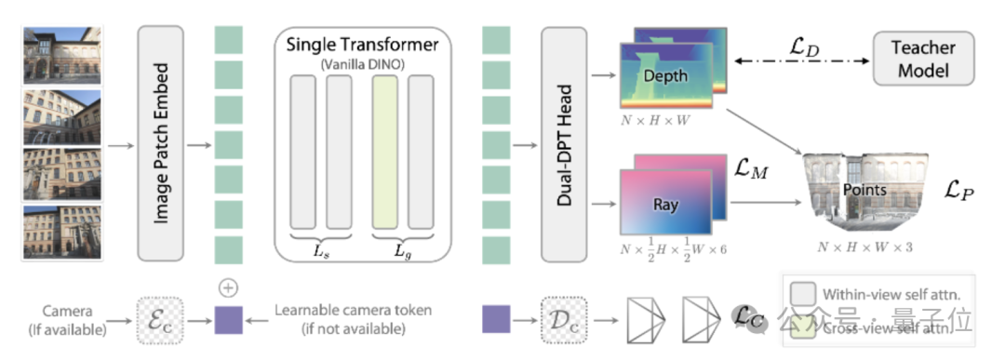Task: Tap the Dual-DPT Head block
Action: (x=564, y=143)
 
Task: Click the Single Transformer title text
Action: (x=363, y=45)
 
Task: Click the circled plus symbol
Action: (x=229, y=286)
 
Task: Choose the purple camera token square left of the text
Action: (x=229, y=320)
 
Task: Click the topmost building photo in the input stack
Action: (x=63, y=53)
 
